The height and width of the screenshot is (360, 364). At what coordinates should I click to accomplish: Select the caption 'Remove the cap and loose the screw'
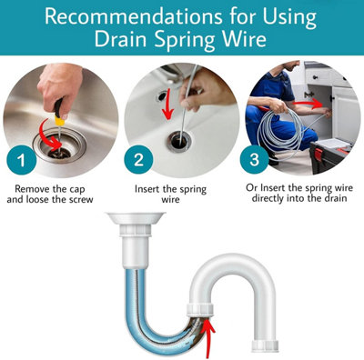(x=61, y=194)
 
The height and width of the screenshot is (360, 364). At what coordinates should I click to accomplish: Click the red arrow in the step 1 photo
(x=57, y=141)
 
